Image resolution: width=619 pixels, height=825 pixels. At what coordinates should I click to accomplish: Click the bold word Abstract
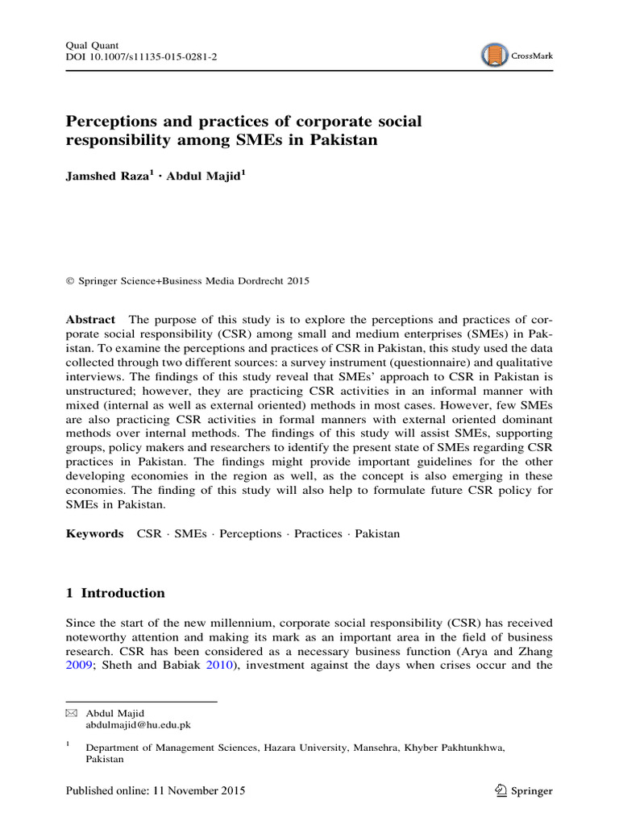[90, 319]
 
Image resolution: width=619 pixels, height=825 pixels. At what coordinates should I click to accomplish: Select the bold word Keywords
[94, 533]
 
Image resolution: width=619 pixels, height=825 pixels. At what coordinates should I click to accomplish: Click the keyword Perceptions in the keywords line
[251, 533]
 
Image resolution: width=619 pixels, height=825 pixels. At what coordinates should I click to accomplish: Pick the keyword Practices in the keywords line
[318, 533]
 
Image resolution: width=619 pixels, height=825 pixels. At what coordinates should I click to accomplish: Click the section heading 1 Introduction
[115, 593]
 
